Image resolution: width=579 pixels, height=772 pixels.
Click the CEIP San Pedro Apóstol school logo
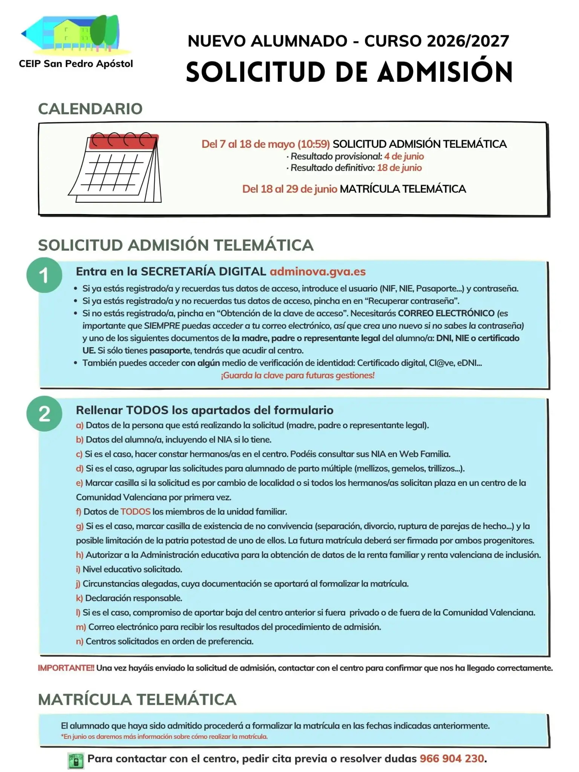coord(75,36)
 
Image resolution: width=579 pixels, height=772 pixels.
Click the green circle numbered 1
coord(44,275)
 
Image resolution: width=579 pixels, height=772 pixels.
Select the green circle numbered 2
coord(44,414)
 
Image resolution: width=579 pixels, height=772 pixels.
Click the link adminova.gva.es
coord(317,271)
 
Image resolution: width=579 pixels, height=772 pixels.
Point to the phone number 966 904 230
coord(452,758)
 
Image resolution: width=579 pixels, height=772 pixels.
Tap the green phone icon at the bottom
coord(76,760)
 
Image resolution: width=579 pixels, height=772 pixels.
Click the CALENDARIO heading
coord(90,109)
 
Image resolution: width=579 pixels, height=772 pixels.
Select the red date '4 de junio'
coord(404,156)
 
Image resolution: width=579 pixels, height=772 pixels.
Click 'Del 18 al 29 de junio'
coord(289,189)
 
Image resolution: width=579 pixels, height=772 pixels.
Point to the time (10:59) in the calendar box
coord(314,144)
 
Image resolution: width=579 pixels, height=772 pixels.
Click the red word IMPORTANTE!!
coord(66,668)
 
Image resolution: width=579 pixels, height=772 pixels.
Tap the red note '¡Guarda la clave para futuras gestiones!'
coord(298,375)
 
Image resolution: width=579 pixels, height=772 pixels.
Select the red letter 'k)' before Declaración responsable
coord(79,598)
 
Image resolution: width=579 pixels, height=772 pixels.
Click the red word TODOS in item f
coord(135,512)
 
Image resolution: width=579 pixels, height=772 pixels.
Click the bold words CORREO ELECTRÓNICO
coord(446,313)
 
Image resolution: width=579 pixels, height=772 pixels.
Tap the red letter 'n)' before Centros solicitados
coord(80,641)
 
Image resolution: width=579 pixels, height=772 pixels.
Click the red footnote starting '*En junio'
coord(164,737)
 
